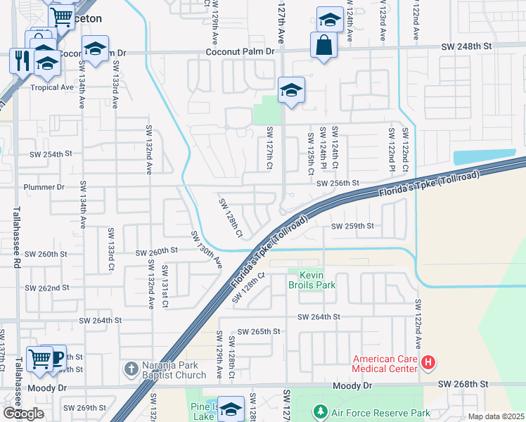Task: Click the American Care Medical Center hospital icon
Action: coord(429,364)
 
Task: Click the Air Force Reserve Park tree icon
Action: coord(320,410)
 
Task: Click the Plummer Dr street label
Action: coord(44,187)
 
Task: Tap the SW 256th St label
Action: coord(338,183)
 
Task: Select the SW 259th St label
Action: coord(352,226)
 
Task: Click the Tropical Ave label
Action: coord(52,87)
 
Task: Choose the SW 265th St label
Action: coord(259,331)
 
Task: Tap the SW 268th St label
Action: coord(463,384)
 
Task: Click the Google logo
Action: coord(24,414)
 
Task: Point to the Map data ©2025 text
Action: coord(496,416)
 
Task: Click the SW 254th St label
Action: coord(51,153)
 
